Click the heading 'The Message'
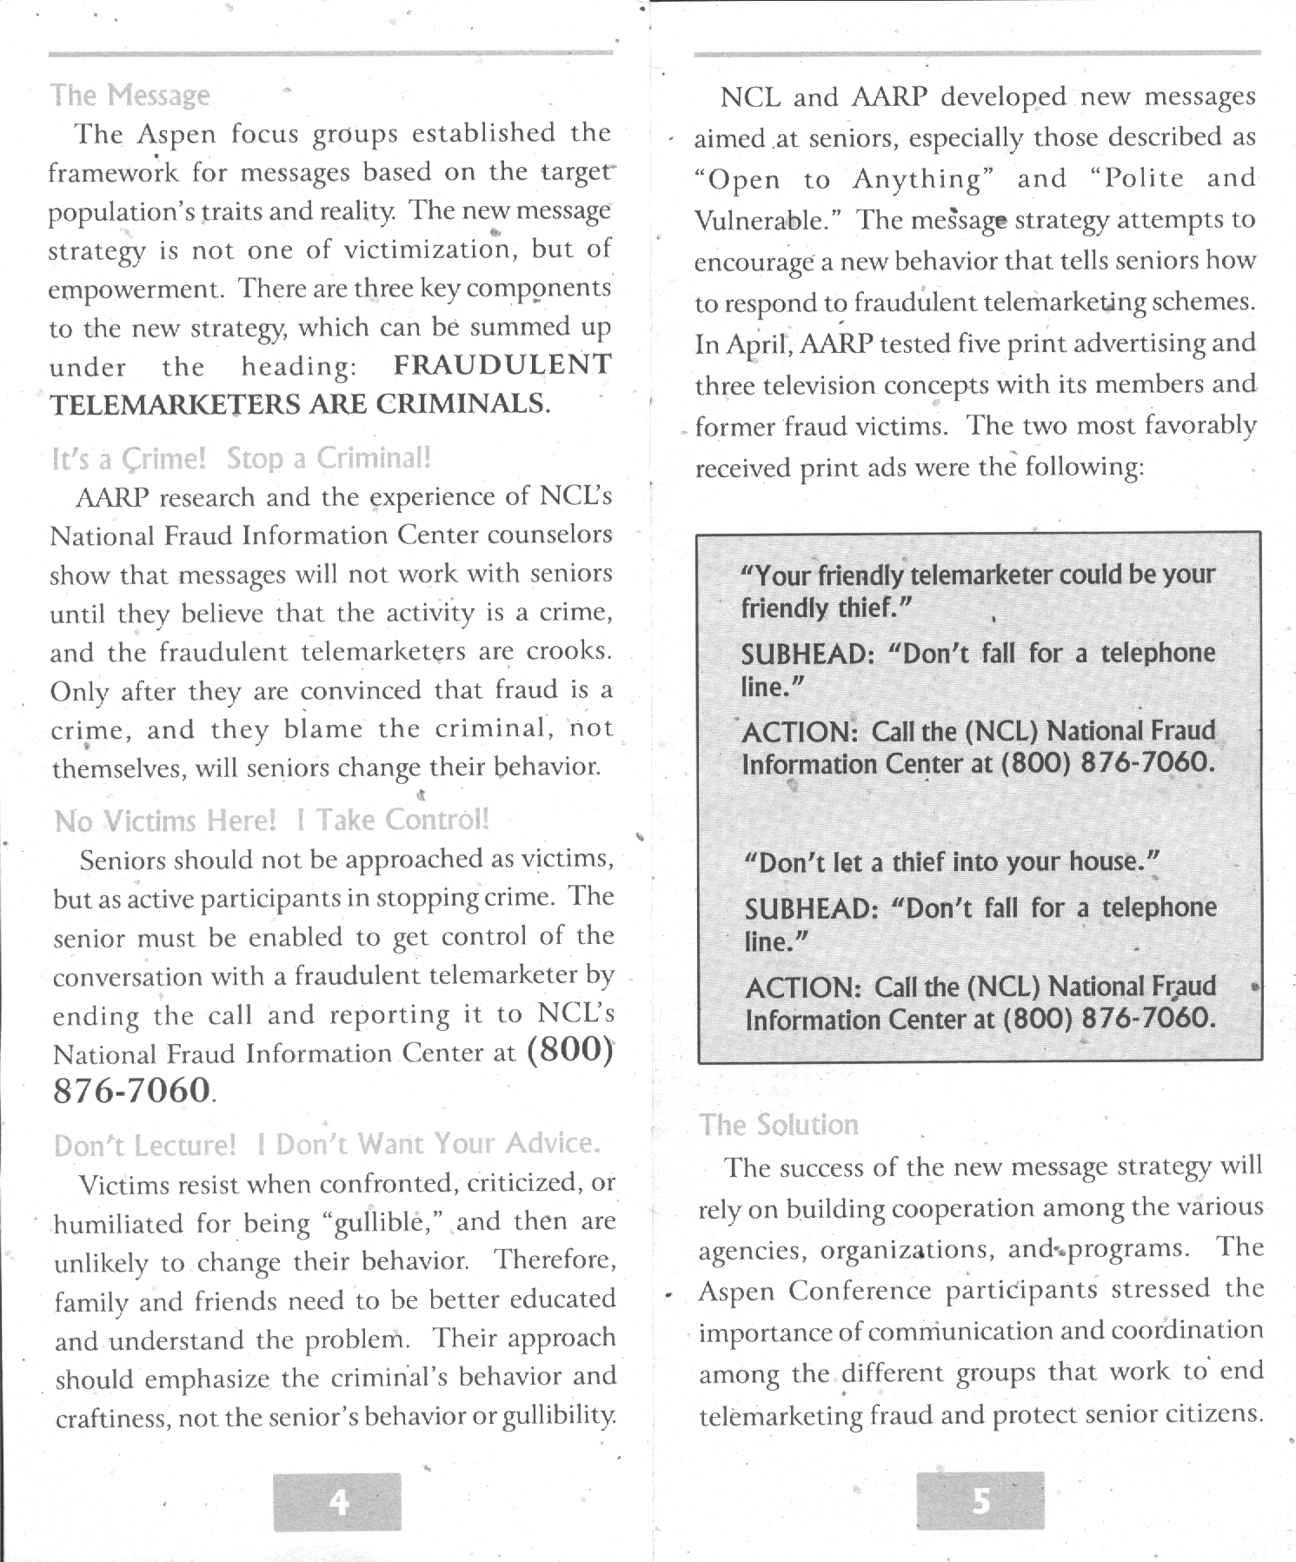pos(130,95)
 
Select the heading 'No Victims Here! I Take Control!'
pos(271,820)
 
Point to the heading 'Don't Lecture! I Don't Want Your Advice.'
pos(327,1144)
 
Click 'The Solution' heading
pos(779,1125)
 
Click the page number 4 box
pos(337,1502)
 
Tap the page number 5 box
pos(980,1501)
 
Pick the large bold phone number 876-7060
pos(131,1089)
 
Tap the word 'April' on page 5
pos(754,344)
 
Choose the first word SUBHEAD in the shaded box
pos(807,654)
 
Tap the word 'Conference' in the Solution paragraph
pos(860,1291)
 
